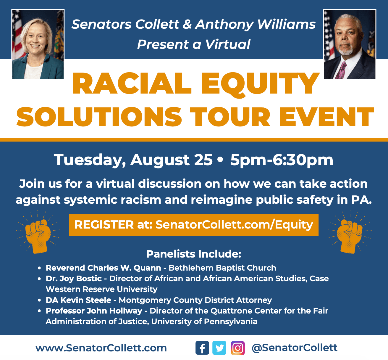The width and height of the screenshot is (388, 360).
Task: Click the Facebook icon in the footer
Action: (x=202, y=348)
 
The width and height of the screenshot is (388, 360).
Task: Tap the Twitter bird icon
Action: (x=219, y=348)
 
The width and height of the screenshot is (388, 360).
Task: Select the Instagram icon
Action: (x=237, y=348)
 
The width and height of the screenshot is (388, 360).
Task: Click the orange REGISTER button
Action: (x=194, y=225)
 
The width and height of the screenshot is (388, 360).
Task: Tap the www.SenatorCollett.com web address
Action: (x=101, y=348)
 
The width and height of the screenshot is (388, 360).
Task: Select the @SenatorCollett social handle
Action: (x=294, y=348)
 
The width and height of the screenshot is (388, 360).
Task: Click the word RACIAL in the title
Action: (x=132, y=83)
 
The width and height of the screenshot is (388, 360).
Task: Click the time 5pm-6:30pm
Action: (x=282, y=160)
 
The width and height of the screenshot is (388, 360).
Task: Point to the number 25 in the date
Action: (x=203, y=160)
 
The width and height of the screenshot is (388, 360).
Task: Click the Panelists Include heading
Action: (x=194, y=254)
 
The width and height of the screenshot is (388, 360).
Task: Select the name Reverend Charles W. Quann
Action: (x=103, y=268)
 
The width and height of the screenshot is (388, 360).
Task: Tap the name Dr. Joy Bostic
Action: (x=74, y=279)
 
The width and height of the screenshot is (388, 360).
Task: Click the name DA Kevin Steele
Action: (x=78, y=300)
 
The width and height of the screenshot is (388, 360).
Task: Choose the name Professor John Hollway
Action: (x=94, y=311)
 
